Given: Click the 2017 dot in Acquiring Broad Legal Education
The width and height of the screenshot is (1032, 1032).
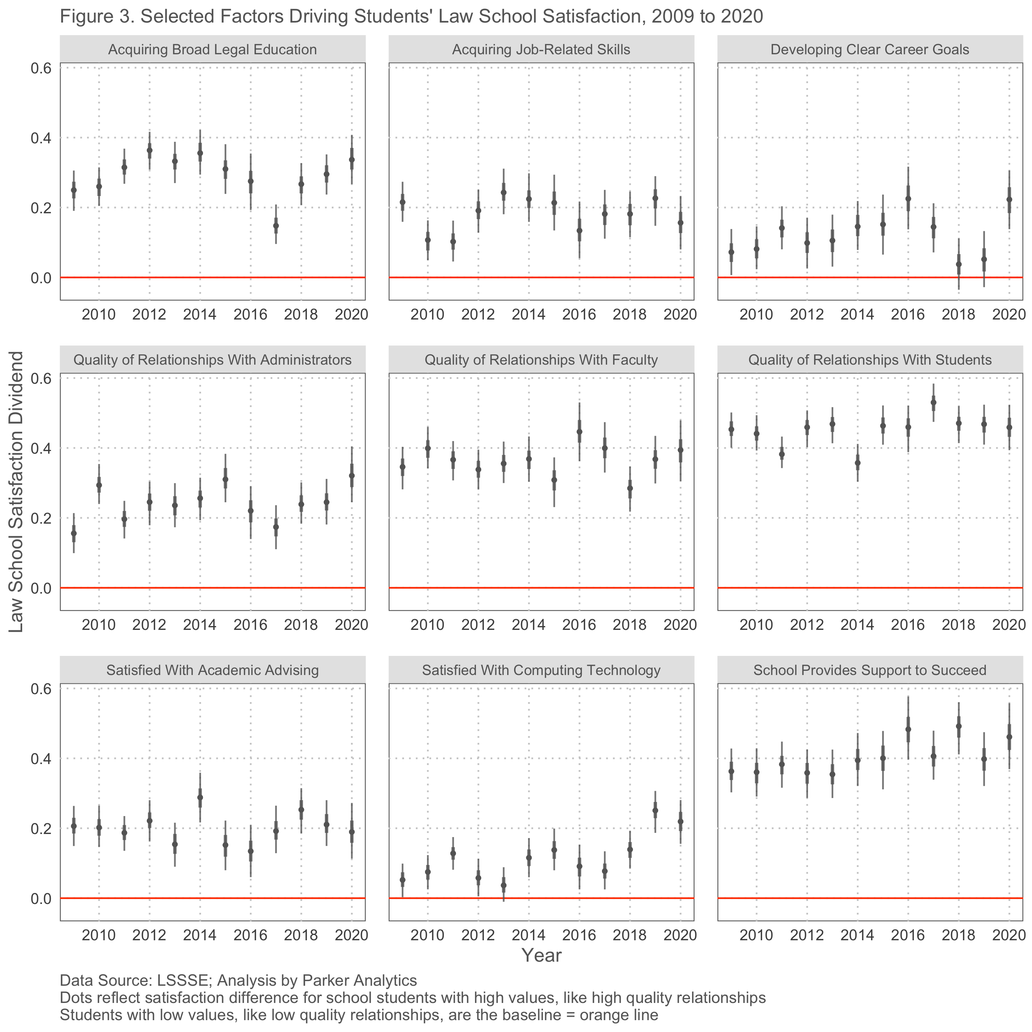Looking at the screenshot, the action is [x=276, y=226].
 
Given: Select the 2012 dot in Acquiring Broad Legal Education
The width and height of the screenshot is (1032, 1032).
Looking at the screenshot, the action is [x=149, y=150].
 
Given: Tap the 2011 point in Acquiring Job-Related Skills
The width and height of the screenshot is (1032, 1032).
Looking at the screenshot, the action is [x=453, y=242].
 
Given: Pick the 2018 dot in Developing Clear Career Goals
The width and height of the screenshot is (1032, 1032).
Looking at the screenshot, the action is [x=959, y=264].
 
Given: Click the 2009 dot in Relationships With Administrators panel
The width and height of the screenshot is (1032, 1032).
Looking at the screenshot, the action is [x=74, y=533].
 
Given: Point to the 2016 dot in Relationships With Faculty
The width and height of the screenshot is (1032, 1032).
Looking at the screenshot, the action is [x=579, y=432].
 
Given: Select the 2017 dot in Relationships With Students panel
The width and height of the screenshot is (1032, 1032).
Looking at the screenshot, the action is [x=934, y=402].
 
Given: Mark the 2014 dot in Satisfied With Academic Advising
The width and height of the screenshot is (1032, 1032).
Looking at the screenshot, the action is [x=200, y=797].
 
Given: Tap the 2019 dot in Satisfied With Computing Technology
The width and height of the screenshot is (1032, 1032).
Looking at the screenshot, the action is [x=656, y=810].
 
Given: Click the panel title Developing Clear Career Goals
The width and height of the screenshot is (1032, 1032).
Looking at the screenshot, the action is [x=870, y=50].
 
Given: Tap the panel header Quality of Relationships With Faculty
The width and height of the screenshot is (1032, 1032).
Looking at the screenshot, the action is [x=541, y=360].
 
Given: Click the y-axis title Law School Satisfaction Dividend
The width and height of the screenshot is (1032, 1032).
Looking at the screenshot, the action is [x=16, y=492].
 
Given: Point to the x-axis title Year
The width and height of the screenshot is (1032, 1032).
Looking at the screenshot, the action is [x=541, y=956].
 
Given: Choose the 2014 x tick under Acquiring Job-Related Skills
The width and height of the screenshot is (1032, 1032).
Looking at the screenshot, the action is [x=529, y=314].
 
